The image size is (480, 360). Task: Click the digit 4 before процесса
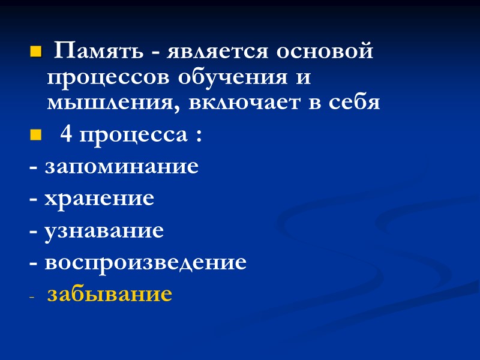coord(67,136)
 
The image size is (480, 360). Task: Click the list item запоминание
coord(122,167)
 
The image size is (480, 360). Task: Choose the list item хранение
coord(100,199)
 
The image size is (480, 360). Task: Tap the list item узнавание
coord(104,231)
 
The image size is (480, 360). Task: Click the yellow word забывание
coord(110,295)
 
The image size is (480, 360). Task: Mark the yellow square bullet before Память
coord(34,54)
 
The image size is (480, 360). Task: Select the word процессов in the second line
coord(107,78)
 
